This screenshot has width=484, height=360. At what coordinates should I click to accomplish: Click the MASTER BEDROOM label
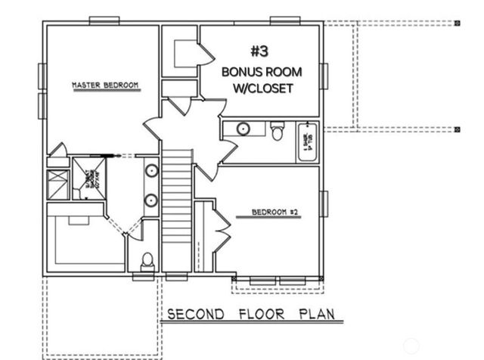click(105, 85)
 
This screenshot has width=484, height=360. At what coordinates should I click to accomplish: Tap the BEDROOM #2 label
click(276, 213)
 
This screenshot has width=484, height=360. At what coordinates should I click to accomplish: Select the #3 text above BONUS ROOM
click(260, 51)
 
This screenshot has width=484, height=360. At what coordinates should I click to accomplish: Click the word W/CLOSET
click(261, 88)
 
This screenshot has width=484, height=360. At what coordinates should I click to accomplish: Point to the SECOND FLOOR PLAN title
click(250, 314)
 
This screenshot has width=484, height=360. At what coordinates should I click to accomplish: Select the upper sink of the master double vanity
click(151, 169)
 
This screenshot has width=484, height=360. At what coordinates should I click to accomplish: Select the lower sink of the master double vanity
click(151, 200)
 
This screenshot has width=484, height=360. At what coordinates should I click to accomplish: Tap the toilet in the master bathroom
click(147, 262)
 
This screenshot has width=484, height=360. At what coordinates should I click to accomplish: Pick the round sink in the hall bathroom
click(244, 129)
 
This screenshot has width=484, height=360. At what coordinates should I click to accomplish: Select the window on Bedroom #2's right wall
click(324, 203)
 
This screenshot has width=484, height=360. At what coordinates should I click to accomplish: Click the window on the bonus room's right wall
click(324, 75)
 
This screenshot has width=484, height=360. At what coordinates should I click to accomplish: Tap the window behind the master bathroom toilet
click(144, 277)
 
